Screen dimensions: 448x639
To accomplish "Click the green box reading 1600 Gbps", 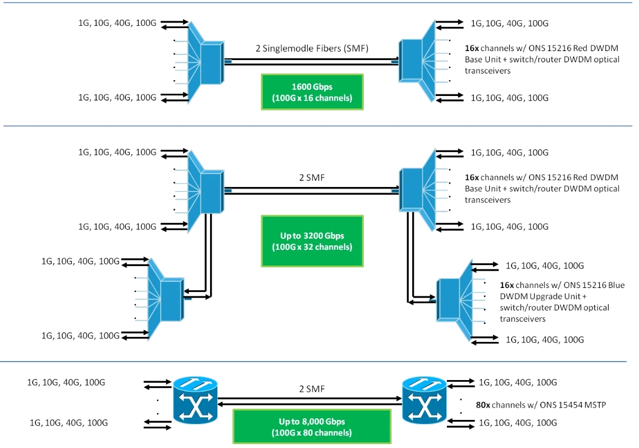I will [x=312, y=91].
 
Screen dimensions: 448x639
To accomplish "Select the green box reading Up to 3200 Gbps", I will [x=312, y=241].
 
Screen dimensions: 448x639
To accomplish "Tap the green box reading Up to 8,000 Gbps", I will [x=312, y=427].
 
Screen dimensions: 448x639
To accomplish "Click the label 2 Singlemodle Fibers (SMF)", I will [x=312, y=48].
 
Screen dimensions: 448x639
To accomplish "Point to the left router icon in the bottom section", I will [x=194, y=400].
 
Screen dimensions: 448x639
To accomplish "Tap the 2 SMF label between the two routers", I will [x=312, y=388].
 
